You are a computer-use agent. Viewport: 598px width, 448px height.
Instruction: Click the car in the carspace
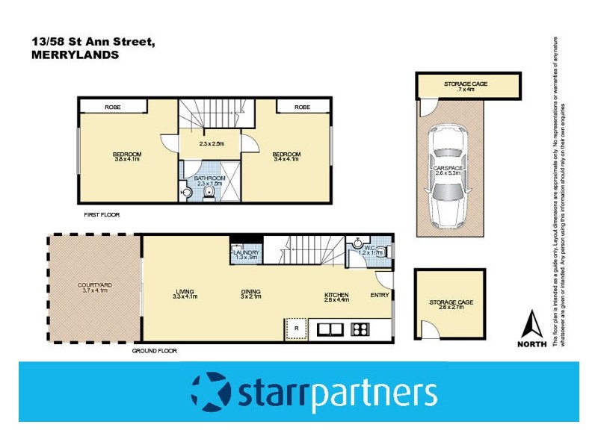tap(447, 176)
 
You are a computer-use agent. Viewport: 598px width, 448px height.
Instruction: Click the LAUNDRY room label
tap(246, 253)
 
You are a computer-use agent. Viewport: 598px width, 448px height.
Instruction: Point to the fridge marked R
tap(297, 328)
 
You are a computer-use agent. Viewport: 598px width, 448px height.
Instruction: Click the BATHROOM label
tap(209, 178)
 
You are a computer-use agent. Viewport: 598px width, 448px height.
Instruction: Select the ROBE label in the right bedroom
tap(302, 108)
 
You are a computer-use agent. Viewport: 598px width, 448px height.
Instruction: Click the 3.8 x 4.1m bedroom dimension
tap(127, 159)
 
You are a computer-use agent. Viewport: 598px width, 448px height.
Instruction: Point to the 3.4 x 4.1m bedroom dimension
tap(286, 159)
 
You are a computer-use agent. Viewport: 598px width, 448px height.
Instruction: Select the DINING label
tap(250, 292)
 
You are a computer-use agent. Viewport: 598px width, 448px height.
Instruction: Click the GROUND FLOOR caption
tap(154, 350)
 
